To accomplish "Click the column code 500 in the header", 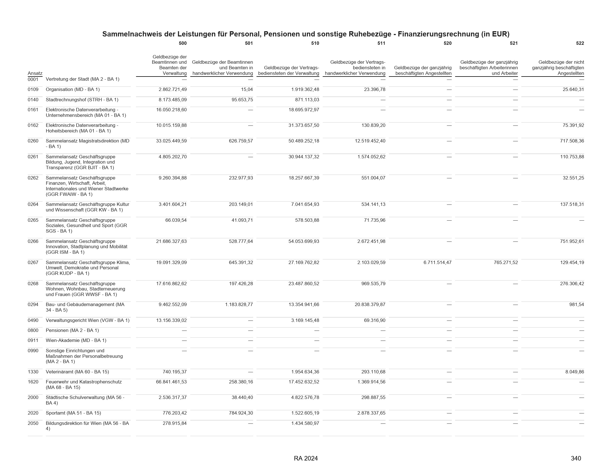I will tap(182, 43).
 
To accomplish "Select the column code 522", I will tap(580, 43).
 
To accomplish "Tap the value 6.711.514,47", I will tap(437, 263).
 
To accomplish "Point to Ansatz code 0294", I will tap(33, 305).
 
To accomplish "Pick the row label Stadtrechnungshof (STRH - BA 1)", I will tap(82, 100).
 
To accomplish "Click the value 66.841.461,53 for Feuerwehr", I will tap(171, 382).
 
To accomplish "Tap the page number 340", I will tap(576, 459).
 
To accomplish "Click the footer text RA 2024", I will tap(306, 459).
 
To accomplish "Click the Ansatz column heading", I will tap(35, 73).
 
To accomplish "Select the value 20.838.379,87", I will tap(370, 305).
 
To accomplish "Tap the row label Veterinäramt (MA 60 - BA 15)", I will tap(77, 372).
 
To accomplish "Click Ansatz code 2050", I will tap(33, 423).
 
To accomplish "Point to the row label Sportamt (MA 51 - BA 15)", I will tap(73, 413).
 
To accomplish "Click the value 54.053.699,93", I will tap(304, 241).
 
